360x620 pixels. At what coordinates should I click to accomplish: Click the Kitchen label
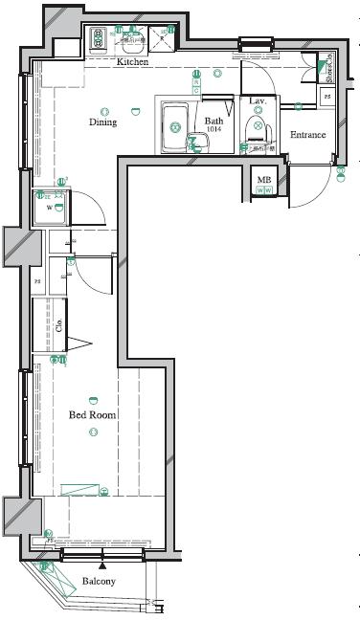(x=132, y=62)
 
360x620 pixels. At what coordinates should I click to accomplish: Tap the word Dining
(x=103, y=122)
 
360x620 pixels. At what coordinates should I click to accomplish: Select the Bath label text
(x=214, y=122)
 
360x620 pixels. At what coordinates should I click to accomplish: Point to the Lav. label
(x=258, y=100)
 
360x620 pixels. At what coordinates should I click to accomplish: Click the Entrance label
(x=308, y=135)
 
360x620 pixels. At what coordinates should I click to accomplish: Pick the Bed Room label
(x=92, y=415)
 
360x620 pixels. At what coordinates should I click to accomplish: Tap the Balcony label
(x=99, y=582)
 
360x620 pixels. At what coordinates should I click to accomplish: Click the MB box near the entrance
(x=264, y=180)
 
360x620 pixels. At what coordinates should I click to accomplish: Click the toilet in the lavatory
(x=258, y=128)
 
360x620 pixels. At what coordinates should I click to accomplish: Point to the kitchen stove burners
(x=100, y=39)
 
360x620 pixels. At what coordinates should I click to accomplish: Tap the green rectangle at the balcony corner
(x=61, y=579)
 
